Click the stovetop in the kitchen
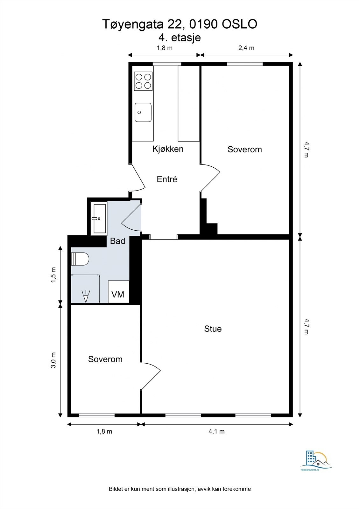point(143,81)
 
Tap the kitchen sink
point(143,112)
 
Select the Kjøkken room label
point(168,149)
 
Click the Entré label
point(167,179)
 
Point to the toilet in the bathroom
point(80,259)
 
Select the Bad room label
point(117,241)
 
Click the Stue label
point(213,329)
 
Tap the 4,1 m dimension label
point(216,432)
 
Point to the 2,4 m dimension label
point(246,48)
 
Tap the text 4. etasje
point(180,38)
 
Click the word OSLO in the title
point(239,24)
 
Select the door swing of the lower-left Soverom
point(151,375)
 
